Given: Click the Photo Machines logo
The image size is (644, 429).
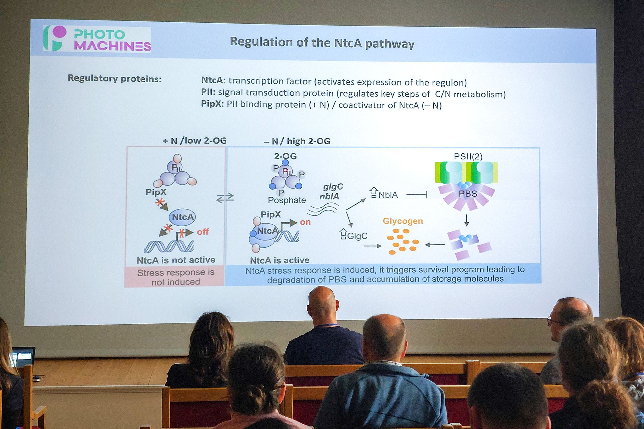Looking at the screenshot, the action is click(x=97, y=39).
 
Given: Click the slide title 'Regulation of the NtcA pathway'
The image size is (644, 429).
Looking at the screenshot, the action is click(x=322, y=43).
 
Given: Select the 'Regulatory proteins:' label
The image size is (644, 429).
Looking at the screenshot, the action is click(x=114, y=78).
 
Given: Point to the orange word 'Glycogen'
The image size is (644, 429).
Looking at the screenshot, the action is click(x=403, y=221).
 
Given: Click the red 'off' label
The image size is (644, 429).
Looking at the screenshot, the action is click(x=203, y=232).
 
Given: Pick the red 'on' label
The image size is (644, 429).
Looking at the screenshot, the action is click(x=305, y=222).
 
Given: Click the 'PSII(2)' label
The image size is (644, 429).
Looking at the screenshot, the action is click(x=468, y=156).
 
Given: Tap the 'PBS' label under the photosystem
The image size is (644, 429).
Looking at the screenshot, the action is click(x=468, y=194).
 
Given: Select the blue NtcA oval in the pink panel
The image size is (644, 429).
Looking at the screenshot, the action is click(x=182, y=217).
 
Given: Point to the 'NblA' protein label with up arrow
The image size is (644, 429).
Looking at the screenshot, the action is click(x=384, y=193).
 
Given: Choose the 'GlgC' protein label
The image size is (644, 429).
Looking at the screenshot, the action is click(x=353, y=235).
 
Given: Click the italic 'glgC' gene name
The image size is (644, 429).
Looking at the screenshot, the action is click(x=333, y=187).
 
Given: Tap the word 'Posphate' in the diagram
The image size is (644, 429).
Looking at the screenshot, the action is click(x=287, y=200).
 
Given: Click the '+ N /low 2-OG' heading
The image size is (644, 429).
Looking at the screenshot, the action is click(x=195, y=140).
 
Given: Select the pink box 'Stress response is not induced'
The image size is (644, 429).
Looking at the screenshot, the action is click(x=175, y=277).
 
